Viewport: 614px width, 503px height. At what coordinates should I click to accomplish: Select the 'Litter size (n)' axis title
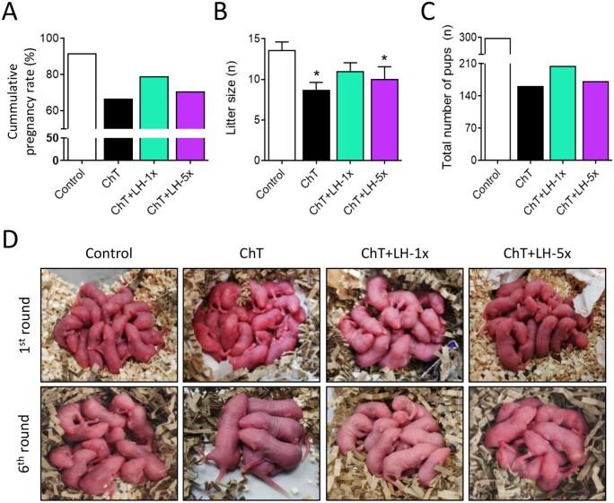(231, 99)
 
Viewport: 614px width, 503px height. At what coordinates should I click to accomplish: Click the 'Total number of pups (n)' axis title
(446, 99)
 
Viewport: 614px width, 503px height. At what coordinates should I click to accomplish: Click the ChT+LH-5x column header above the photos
(535, 253)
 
